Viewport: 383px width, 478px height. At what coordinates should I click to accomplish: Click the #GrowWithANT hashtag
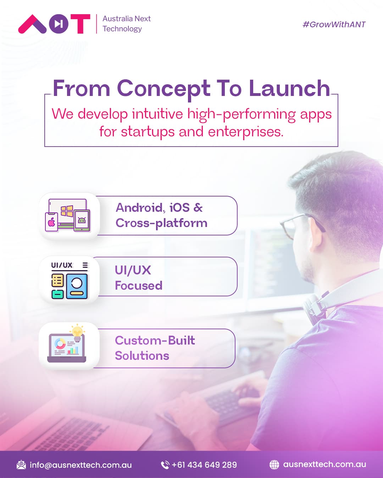click(x=334, y=24)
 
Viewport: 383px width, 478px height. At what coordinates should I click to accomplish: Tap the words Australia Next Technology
click(x=127, y=24)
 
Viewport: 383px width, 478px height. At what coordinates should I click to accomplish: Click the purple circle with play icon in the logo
click(x=59, y=24)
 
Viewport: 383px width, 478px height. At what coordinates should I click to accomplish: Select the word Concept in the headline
click(x=163, y=89)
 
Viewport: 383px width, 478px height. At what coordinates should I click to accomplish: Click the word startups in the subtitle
click(x=148, y=132)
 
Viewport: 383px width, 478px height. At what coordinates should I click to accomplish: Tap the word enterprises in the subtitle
click(x=246, y=132)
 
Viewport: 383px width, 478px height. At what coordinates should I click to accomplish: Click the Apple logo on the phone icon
click(x=51, y=222)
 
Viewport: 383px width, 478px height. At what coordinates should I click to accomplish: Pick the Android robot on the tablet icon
click(x=82, y=220)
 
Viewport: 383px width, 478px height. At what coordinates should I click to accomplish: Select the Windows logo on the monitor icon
click(x=67, y=211)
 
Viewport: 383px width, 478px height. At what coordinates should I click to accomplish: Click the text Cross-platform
click(x=161, y=223)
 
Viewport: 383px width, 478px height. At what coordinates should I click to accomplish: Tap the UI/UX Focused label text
click(x=138, y=278)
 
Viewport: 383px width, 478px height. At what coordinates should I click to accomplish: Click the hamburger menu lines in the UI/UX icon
click(x=85, y=265)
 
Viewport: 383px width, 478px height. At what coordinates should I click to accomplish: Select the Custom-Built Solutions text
click(x=155, y=348)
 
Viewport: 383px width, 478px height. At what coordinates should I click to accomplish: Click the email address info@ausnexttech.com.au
click(x=81, y=465)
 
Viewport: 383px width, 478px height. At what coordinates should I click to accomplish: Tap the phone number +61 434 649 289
click(x=204, y=465)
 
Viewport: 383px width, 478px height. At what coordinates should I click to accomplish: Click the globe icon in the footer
click(x=274, y=465)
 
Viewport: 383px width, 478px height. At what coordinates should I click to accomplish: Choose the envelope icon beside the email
click(x=21, y=465)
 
